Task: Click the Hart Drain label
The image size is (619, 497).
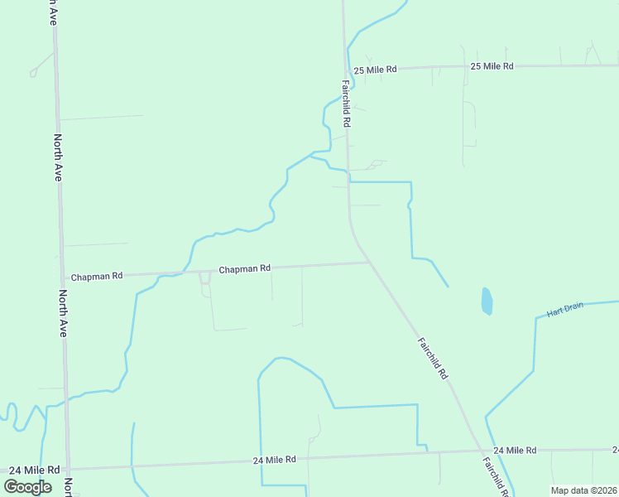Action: point(565,310)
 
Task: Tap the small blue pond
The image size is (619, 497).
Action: point(487,301)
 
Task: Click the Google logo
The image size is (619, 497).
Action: point(27,487)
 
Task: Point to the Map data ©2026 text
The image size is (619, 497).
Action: point(583,490)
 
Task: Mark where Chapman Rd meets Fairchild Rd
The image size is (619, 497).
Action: point(368,263)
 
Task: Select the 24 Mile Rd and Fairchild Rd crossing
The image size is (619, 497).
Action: point(481,451)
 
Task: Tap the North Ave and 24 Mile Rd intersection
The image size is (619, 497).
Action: point(68,468)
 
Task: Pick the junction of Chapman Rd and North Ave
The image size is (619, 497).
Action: point(63,277)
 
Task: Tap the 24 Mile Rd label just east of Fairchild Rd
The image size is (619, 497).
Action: point(515,450)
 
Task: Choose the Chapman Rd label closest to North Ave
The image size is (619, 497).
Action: point(97,276)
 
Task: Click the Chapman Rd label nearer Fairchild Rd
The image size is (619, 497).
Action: point(244,268)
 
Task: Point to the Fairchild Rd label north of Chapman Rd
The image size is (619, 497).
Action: point(347,103)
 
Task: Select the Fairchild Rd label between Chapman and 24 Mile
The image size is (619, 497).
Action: point(432,358)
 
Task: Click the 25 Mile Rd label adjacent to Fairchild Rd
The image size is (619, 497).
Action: point(375,70)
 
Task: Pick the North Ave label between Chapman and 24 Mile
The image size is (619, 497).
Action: point(62,313)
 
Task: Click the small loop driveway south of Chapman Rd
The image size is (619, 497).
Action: point(205,284)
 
